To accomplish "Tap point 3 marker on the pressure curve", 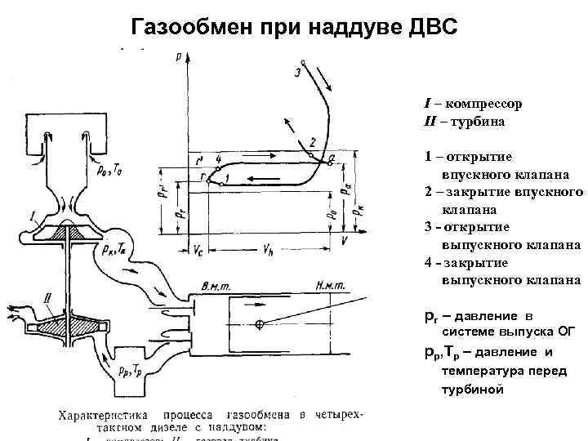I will [x=302, y=62].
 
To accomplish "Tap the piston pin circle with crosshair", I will [x=259, y=325].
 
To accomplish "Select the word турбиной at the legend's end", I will [x=473, y=389].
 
